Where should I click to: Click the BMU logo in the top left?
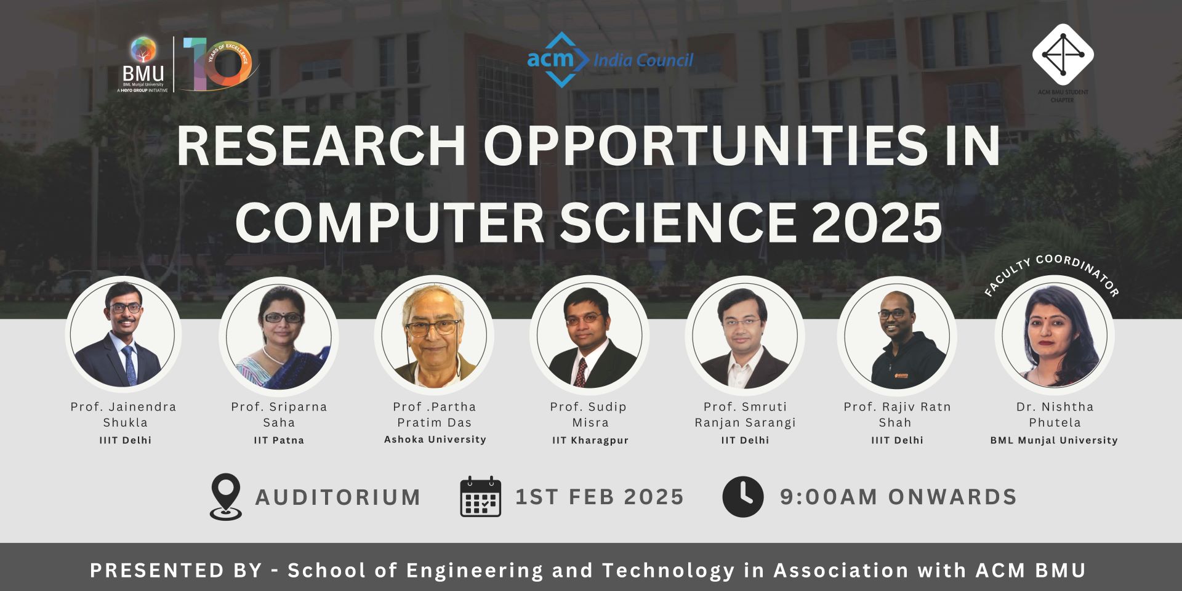(143, 65)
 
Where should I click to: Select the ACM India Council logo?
(610, 60)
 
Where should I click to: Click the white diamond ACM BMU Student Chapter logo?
(1063, 54)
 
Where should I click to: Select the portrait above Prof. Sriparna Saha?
(279, 335)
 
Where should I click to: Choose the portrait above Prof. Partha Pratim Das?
(434, 335)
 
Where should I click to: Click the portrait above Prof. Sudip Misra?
(589, 335)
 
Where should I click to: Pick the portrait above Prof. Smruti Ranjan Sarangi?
(745, 335)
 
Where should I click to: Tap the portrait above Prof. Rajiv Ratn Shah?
(897, 335)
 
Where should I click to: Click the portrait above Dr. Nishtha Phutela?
(1055, 335)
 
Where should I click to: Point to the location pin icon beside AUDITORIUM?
(226, 496)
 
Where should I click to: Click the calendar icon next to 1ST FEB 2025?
(481, 496)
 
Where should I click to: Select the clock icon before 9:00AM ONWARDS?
(743, 496)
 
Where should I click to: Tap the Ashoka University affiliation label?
(435, 440)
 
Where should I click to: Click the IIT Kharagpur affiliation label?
(590, 440)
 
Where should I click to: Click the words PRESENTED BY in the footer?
(176, 571)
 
